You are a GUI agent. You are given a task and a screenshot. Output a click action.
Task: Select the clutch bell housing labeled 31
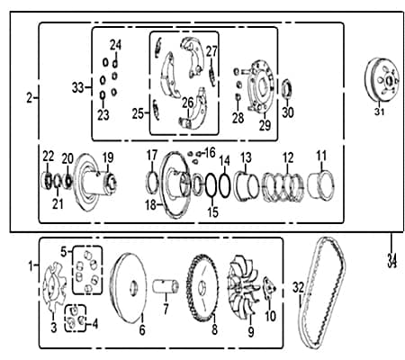tap(382, 79)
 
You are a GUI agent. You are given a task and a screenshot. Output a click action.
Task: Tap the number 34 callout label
tap(391, 260)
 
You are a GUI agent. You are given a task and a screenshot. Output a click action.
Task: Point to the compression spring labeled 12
tap(283, 187)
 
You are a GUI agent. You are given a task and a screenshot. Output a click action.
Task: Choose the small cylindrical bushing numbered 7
tap(166, 286)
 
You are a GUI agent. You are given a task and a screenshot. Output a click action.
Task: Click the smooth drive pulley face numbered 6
tap(129, 288)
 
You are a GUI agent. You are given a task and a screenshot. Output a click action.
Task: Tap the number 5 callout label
tap(64, 252)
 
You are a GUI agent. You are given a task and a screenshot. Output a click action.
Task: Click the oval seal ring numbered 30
tap(288, 89)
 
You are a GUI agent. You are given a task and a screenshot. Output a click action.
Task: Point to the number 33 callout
tap(77, 88)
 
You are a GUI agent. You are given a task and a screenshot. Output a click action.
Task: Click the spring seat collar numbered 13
tap(247, 186)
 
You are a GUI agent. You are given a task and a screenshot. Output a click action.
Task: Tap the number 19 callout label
tap(108, 157)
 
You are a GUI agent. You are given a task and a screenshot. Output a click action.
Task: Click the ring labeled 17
tap(152, 183)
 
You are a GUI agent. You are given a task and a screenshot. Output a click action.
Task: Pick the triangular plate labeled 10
tap(269, 289)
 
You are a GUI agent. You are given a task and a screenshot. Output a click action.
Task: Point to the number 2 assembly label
tap(29, 98)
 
